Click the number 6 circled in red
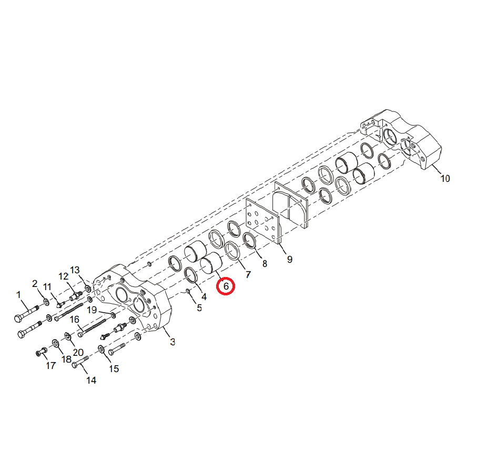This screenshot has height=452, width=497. pyautogui.click(x=226, y=286)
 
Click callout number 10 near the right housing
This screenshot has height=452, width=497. pyautogui.click(x=445, y=179)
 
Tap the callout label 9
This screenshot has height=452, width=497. pyautogui.click(x=290, y=260)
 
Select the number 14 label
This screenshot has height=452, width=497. pyautogui.click(x=92, y=380)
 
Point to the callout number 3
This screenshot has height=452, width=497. pyautogui.click(x=173, y=342)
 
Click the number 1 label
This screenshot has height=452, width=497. pyautogui.click(x=18, y=295)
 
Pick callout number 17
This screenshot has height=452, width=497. pyautogui.click(x=50, y=365)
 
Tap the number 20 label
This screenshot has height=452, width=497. pyautogui.click(x=78, y=352)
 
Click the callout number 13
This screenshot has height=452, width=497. pyautogui.click(x=75, y=270)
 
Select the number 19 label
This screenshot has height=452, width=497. pyautogui.click(x=92, y=310)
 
